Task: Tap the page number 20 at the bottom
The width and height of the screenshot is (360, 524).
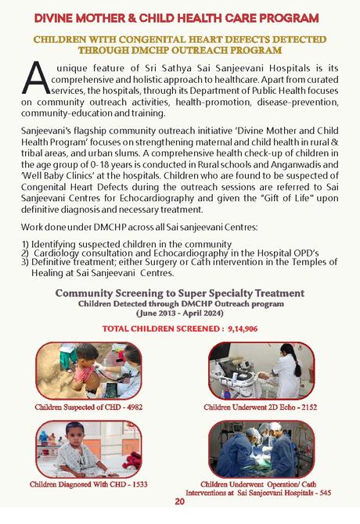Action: [x=179, y=501]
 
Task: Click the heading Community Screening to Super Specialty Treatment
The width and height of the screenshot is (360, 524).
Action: [x=180, y=293]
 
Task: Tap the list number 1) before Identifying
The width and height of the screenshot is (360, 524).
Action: [x=26, y=244]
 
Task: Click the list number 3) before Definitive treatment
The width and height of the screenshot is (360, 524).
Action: [x=26, y=264]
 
